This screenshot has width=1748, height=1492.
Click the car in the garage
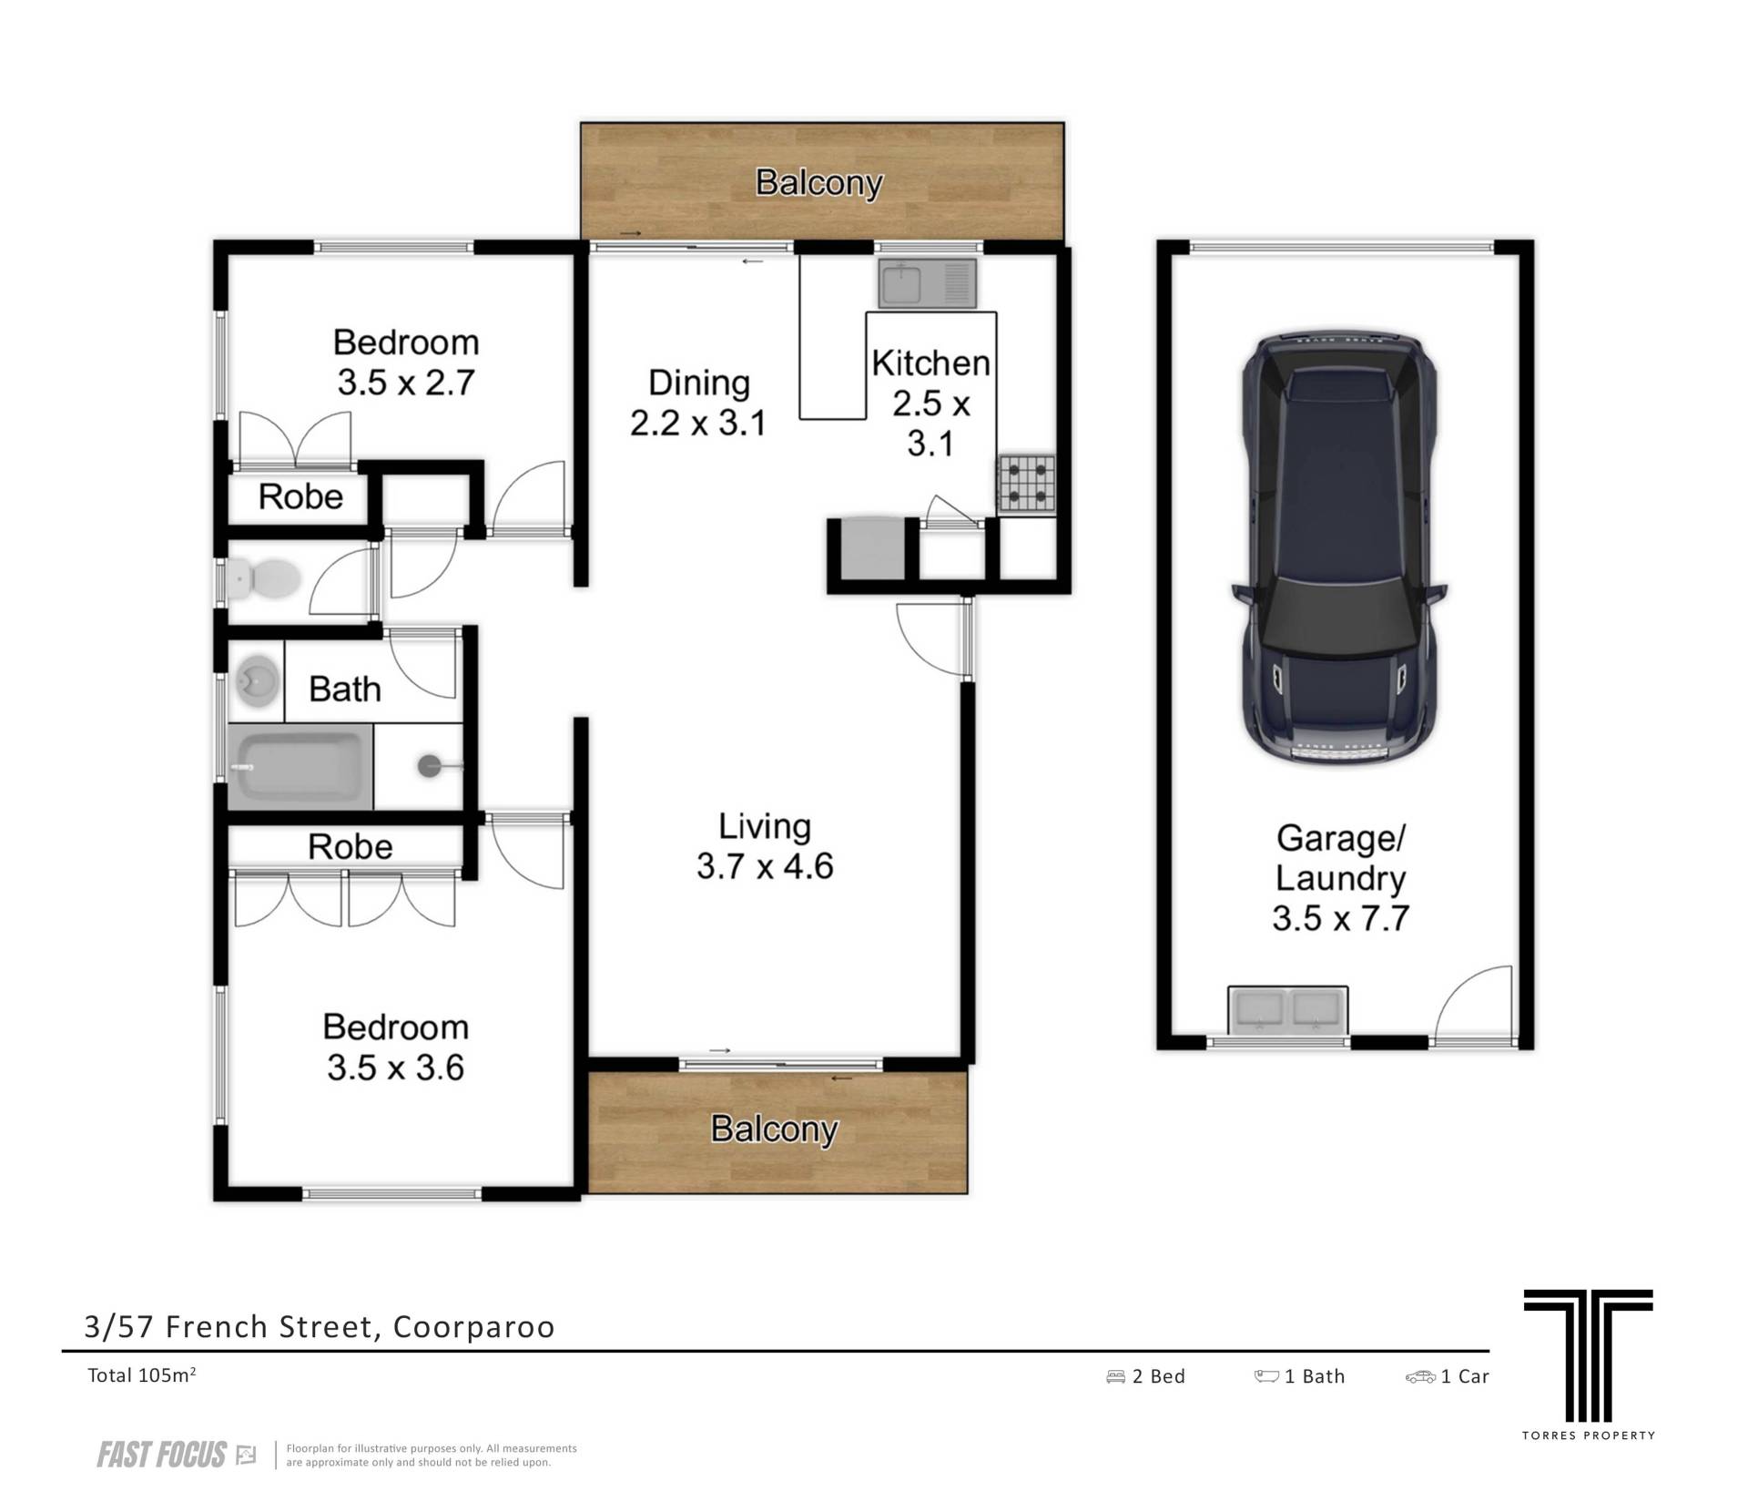coord(1339,547)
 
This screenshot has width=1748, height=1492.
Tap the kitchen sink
coord(927,283)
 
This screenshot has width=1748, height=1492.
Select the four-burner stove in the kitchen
coord(1027,483)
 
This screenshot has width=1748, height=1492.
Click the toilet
coord(263,578)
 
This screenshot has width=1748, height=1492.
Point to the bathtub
coord(300,767)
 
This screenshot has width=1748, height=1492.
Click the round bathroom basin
coord(258,682)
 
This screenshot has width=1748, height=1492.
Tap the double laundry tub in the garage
coord(1287,1010)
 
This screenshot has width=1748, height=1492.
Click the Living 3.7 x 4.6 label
coord(765,846)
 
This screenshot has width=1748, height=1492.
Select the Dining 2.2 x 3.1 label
coord(698,403)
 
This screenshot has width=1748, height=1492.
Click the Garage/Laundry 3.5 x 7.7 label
coord(1340,878)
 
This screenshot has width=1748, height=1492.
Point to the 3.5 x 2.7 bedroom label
coord(406,363)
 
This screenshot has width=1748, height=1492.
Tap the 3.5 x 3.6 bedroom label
coord(396,1047)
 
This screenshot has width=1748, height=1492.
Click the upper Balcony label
coord(819,183)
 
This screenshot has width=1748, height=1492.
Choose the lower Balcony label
coord(774,1129)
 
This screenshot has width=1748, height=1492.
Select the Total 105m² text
coord(142,1375)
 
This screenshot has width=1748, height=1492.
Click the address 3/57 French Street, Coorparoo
coord(320,1327)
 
